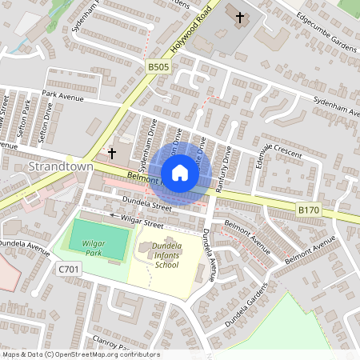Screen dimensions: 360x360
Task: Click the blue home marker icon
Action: pos(179,172)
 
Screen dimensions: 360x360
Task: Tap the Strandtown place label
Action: pos(61,166)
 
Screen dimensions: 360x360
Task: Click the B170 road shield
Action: pos(308,210)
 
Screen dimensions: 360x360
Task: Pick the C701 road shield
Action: pos(69,270)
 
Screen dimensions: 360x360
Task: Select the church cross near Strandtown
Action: pos(112,152)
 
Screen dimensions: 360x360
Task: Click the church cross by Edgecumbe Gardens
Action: pos(239,16)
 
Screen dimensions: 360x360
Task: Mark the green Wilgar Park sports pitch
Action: pos(97,239)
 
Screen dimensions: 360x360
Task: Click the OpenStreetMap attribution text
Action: pos(80,354)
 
